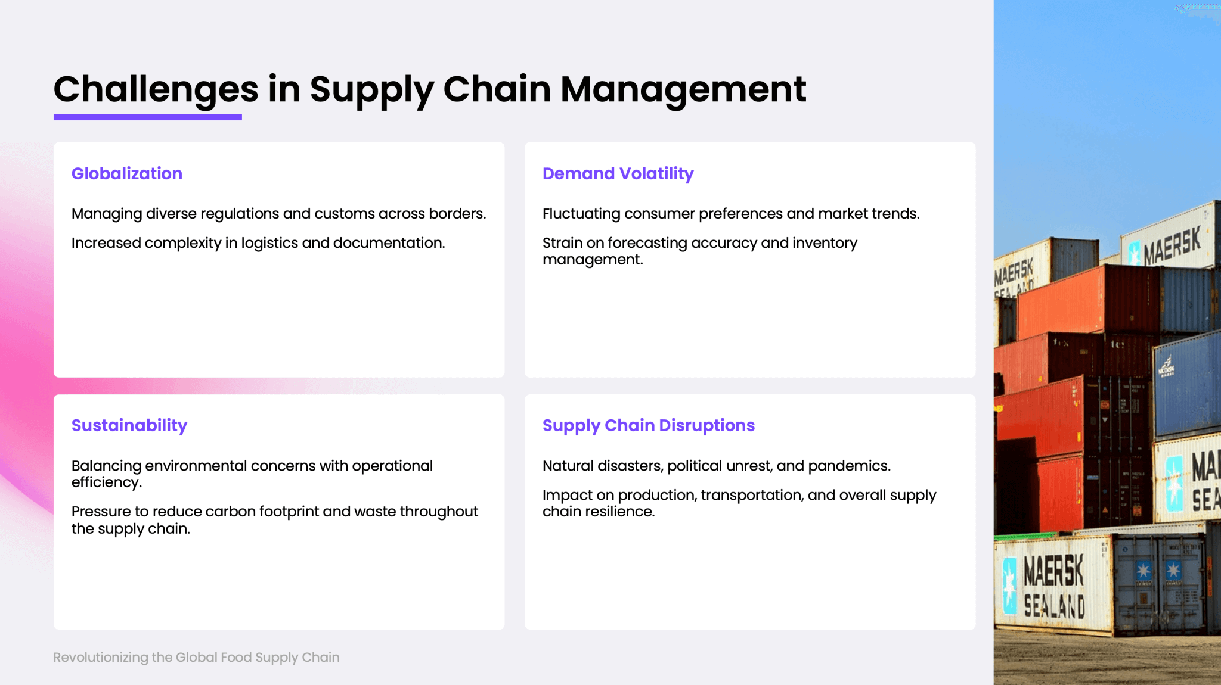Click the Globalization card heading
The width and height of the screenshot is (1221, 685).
(x=127, y=173)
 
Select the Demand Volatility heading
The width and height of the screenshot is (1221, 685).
(x=618, y=174)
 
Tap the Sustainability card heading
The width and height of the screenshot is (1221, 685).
(x=129, y=426)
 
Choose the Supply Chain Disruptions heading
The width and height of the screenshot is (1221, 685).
(x=649, y=426)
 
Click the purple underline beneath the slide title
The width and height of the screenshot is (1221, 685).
(x=148, y=117)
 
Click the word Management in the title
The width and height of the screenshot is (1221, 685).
(x=683, y=90)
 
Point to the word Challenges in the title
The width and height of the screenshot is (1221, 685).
(x=156, y=90)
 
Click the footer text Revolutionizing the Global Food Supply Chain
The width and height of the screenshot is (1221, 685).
(x=196, y=658)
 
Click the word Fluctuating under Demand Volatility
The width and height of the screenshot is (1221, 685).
(x=581, y=214)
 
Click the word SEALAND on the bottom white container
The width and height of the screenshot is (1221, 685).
(x=1054, y=606)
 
